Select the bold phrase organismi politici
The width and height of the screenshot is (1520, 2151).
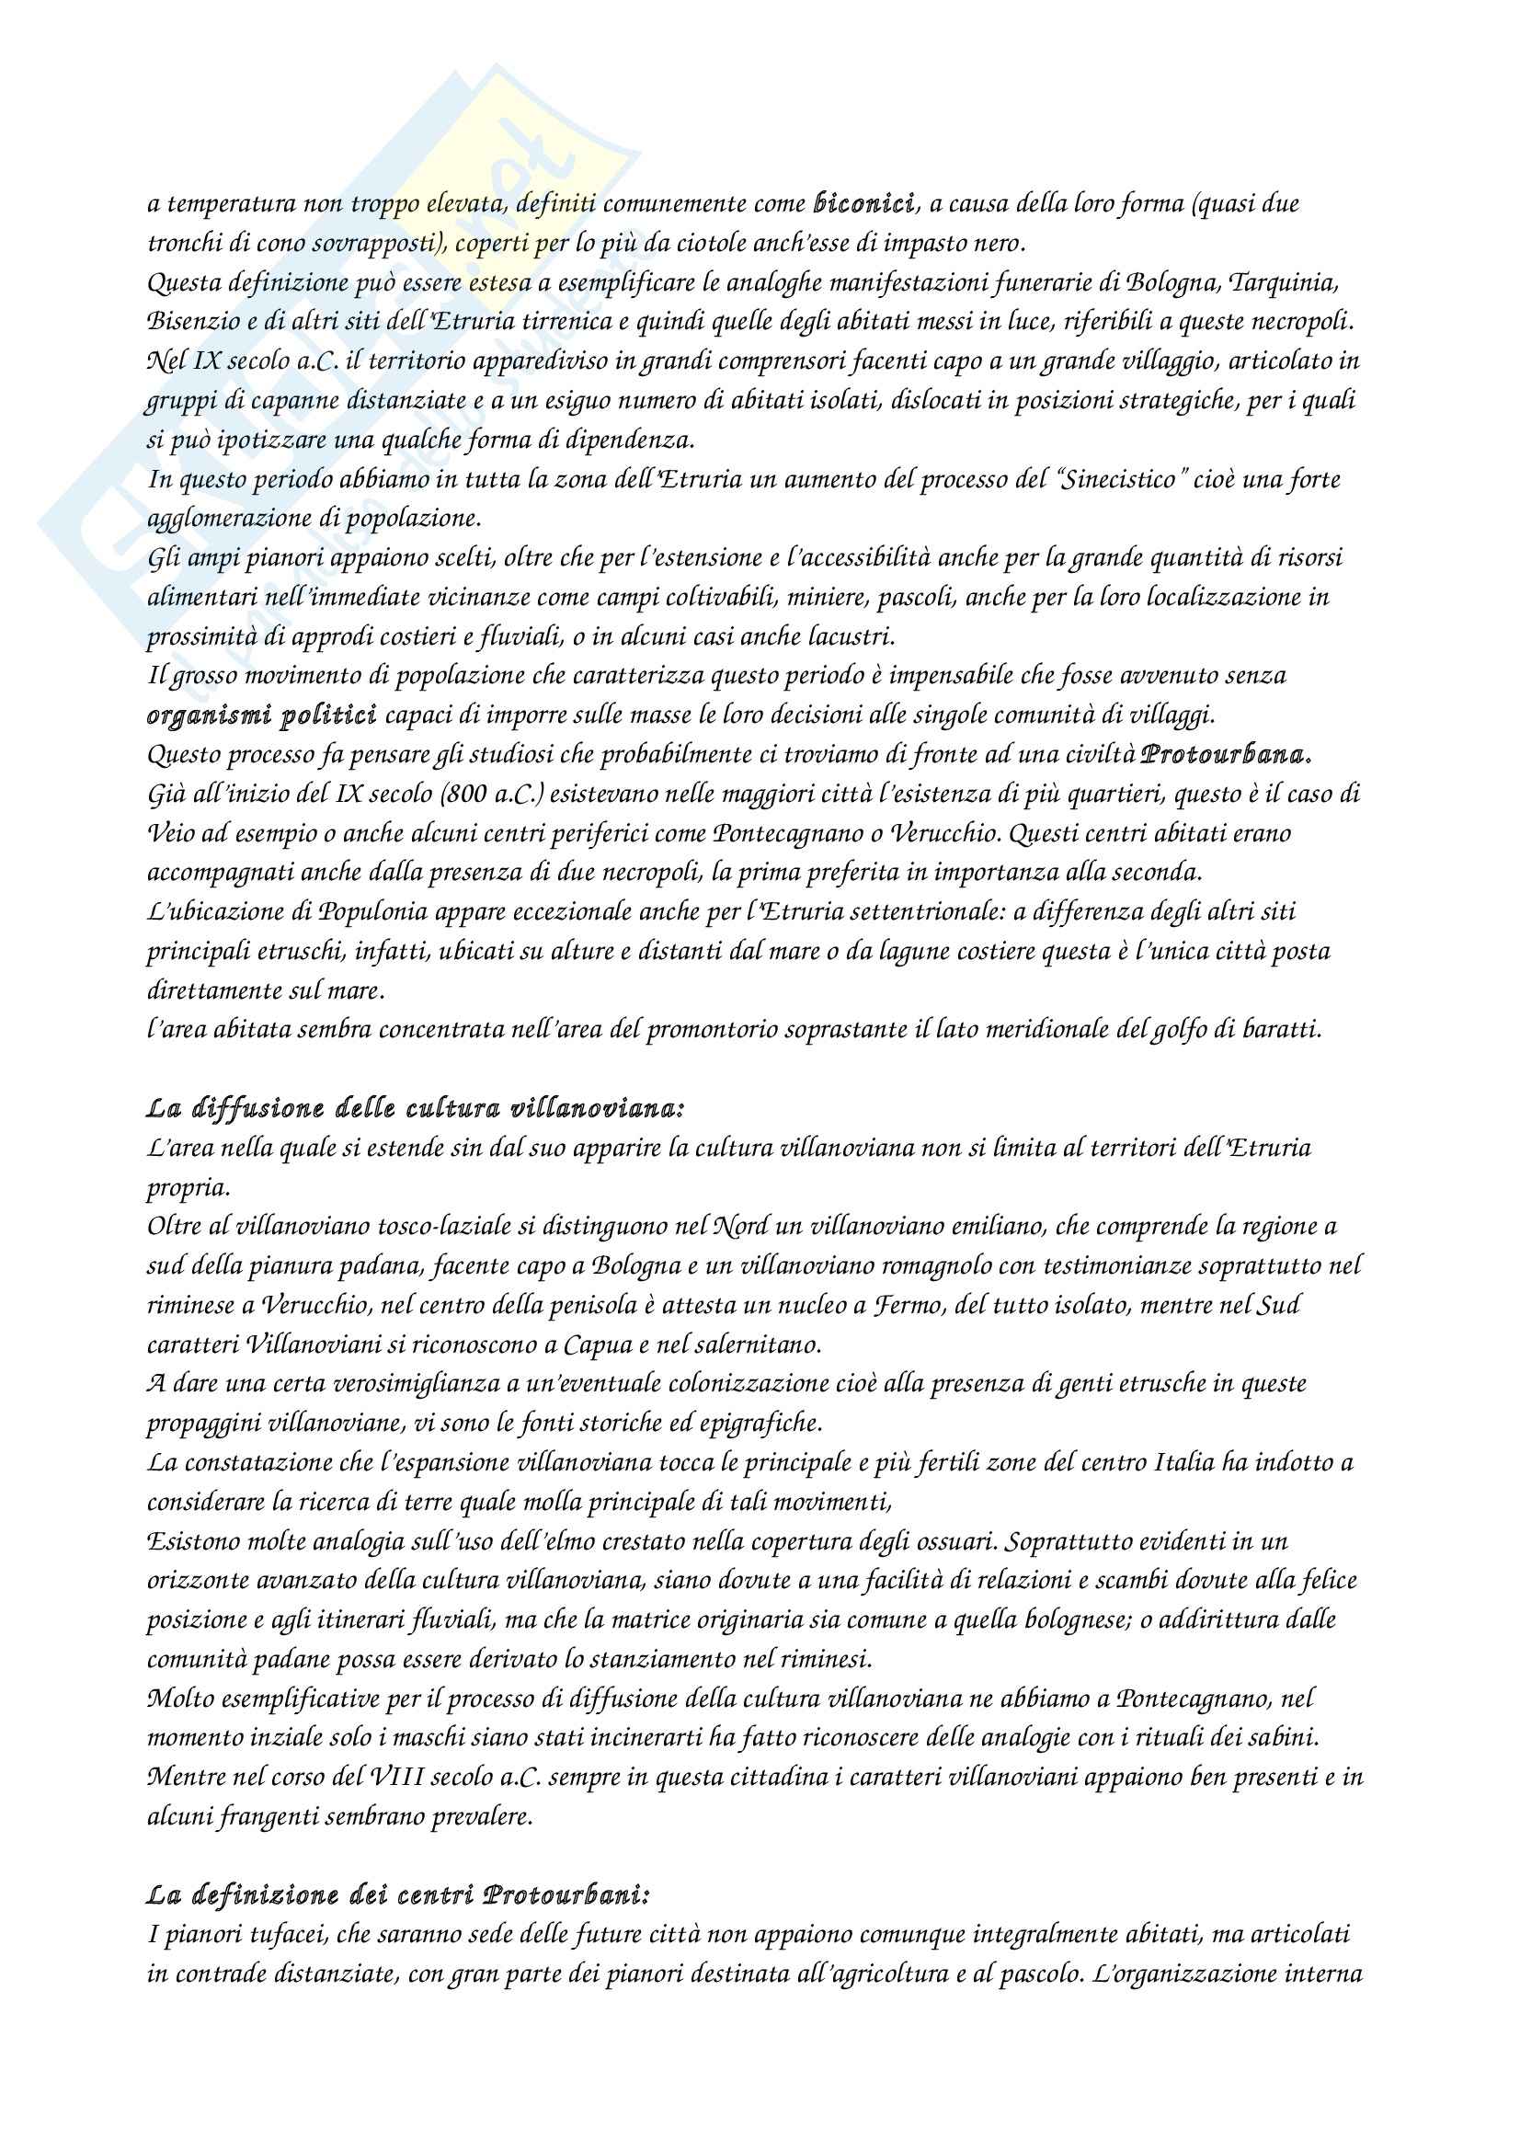click(x=262, y=715)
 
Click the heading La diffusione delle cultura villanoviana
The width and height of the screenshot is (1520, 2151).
click(x=416, y=1109)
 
